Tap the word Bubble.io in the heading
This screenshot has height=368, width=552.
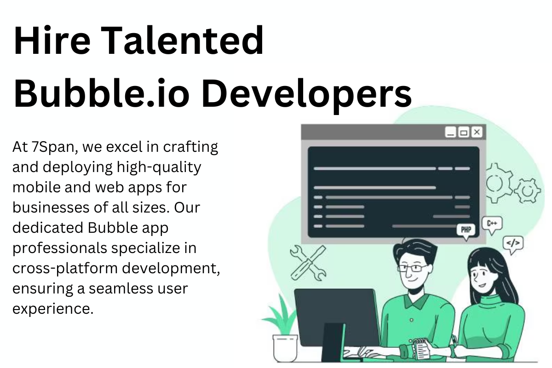point(101,93)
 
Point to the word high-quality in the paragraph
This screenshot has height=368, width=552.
point(159,168)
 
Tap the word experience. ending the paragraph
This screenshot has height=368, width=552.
point(53,309)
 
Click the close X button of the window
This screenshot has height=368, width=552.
point(477,132)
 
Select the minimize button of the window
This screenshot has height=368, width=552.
point(451,132)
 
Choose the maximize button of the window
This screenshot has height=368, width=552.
point(464,132)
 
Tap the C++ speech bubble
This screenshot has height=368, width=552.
point(492,225)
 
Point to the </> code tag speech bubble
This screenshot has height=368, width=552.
point(513,245)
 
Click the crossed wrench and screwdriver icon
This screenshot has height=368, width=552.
point(308,263)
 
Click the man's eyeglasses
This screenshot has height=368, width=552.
point(413,268)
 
